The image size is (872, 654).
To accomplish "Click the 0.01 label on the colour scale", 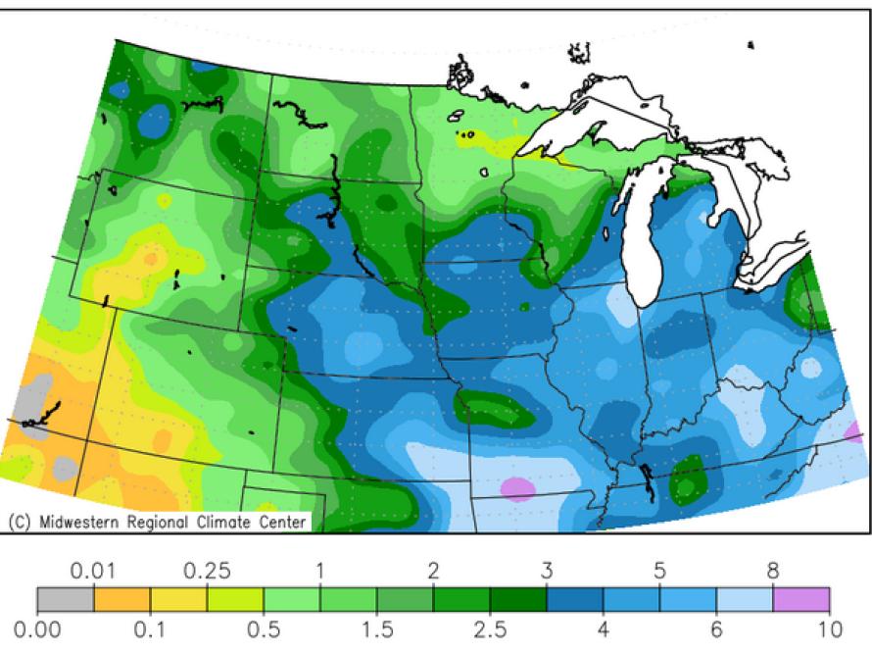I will tap(93, 571).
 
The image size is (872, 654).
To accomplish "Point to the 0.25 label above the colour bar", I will tap(207, 571).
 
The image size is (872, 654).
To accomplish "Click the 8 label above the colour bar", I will tap(773, 571).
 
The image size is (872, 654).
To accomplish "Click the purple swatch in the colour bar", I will tap(800, 600).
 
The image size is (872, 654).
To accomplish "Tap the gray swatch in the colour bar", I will tap(66, 600).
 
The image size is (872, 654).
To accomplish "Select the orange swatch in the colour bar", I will tap(121, 600).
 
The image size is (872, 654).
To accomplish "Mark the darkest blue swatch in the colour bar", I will tap(574, 600).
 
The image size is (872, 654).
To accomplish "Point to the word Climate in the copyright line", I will tap(216, 522).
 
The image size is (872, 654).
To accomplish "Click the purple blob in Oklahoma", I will tap(518, 486).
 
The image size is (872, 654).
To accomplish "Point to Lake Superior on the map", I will tap(598, 118).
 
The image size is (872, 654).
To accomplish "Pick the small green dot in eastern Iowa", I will tap(524, 307).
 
